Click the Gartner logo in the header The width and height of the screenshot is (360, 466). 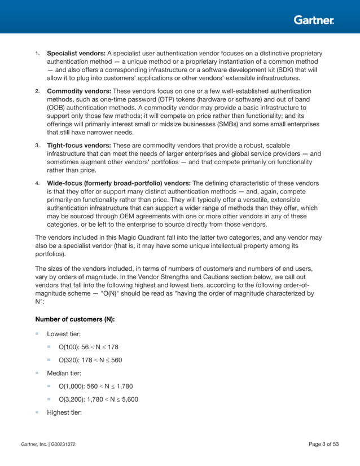click(314, 20)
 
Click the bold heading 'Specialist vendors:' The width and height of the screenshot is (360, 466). click(76, 53)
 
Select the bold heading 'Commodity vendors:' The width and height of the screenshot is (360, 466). click(79, 91)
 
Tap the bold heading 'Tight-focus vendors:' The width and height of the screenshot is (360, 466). click(78, 145)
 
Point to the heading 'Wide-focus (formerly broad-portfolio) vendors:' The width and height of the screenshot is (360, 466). click(118, 183)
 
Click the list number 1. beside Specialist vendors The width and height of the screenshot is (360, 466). click(37, 54)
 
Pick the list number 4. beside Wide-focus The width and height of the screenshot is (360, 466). click(37, 183)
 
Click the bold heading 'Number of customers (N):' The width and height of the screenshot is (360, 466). click(74, 319)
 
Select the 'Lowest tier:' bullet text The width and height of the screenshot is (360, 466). click(65, 334)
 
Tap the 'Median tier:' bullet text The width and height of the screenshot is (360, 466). click(65, 373)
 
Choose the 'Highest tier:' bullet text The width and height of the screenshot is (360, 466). click(65, 412)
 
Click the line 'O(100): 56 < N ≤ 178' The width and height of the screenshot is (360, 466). click(88, 347)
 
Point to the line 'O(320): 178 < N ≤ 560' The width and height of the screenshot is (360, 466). click(90, 360)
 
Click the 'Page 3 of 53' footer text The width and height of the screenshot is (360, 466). click(324, 445)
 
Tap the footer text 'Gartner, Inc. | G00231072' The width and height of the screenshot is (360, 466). click(48, 445)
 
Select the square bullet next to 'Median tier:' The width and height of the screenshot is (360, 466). click(37, 373)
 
